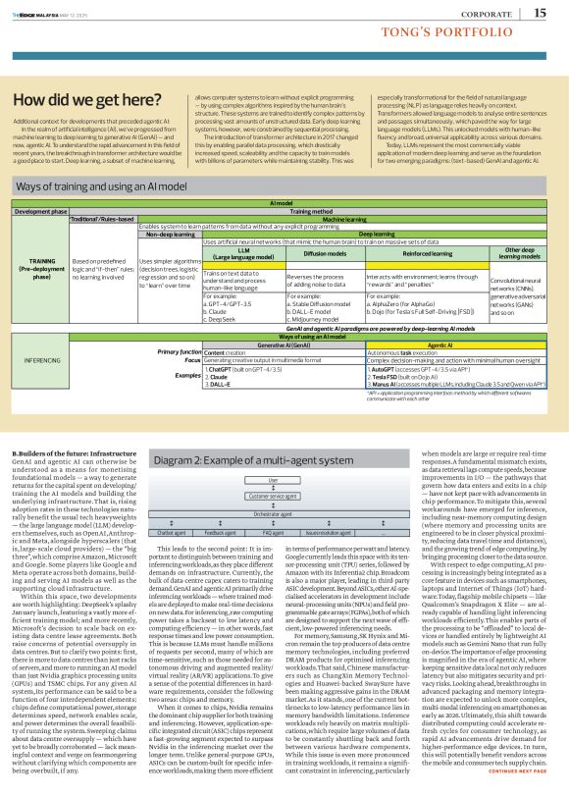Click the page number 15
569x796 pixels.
pos(541,13)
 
